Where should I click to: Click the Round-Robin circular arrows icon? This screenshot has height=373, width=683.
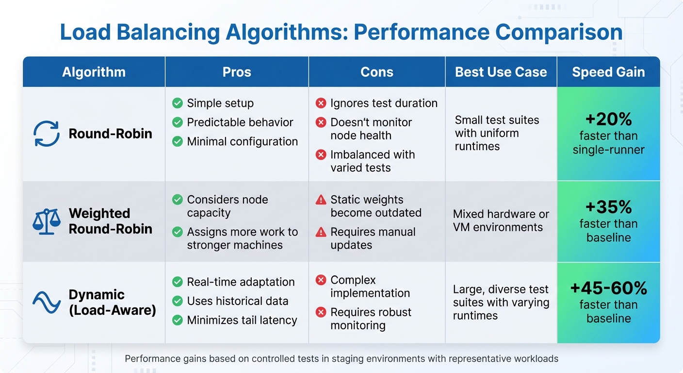[x=46, y=134]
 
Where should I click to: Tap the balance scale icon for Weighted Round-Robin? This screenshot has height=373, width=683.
[x=46, y=221]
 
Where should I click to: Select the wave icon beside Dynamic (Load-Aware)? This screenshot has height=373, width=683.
[x=46, y=302]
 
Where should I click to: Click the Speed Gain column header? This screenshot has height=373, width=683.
[x=608, y=72]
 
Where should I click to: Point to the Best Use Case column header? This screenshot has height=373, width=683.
[x=501, y=72]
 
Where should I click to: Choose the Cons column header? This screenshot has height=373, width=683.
[x=376, y=72]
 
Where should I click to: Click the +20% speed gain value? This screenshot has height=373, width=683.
[x=608, y=119]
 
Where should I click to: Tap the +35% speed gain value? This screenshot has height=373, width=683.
[x=608, y=207]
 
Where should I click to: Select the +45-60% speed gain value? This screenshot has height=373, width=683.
[x=608, y=288]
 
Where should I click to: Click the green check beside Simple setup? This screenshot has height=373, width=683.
[x=178, y=103]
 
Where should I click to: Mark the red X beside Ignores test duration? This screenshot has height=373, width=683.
[x=321, y=103]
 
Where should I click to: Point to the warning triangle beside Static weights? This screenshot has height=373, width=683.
[x=321, y=200]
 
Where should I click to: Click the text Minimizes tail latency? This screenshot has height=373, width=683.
[x=242, y=320]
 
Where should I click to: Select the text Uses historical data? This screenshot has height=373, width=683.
[x=237, y=301]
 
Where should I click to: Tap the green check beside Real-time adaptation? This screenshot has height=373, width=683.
[x=178, y=282]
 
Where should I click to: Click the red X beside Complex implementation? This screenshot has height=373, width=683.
[x=321, y=280]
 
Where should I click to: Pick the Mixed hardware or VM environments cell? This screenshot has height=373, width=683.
[x=501, y=220]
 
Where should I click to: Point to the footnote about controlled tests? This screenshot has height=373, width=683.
[x=341, y=359]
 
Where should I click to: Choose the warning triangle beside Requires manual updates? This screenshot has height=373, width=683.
[x=321, y=232]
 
